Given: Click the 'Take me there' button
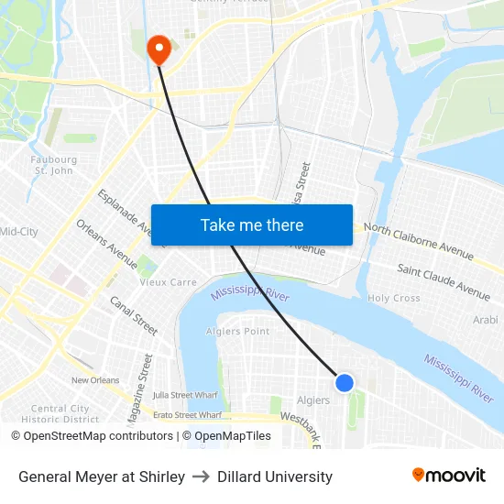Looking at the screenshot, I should click(252, 225).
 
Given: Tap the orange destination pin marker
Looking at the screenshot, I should click(159, 49).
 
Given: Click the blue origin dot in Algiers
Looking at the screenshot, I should click(345, 382).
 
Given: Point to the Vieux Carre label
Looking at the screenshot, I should click(168, 282).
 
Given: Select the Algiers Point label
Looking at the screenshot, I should click(237, 331).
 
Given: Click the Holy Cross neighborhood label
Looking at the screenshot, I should click(394, 298).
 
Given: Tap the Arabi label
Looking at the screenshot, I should click(484, 320).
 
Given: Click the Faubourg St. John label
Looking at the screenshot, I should click(54, 165).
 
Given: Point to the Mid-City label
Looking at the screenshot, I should click(19, 232).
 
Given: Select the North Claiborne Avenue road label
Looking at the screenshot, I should click(419, 240).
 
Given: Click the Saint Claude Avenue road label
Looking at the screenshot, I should click(444, 280).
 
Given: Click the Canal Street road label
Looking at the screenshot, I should click(134, 314).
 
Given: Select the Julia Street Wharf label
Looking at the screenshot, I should click(186, 395).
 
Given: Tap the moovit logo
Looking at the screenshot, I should click(448, 475).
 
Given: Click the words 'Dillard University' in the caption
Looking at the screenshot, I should click(275, 477).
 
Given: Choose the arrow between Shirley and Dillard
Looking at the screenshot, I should click(201, 477).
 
